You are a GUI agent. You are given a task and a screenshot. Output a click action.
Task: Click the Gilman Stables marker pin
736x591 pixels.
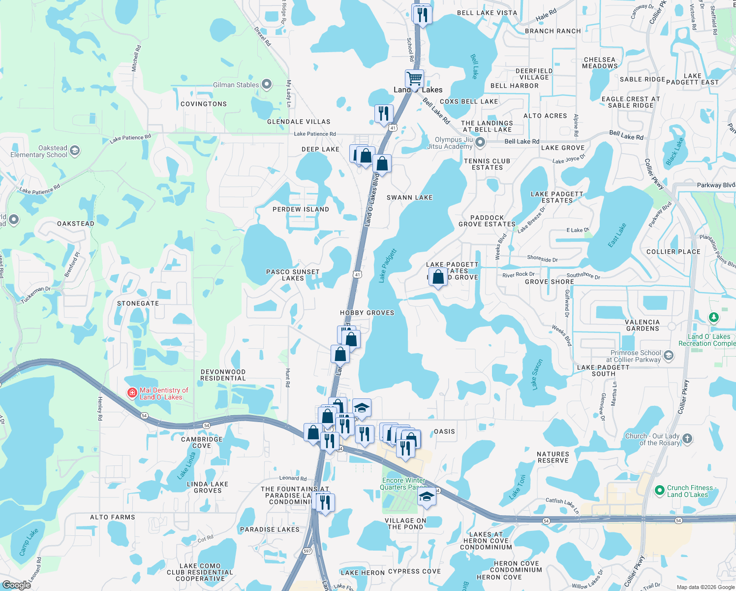(x=267, y=85)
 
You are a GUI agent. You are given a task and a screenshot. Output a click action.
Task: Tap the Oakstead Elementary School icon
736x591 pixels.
(x=75, y=150)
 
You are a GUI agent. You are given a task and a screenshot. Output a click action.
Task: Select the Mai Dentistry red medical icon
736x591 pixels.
(x=132, y=393)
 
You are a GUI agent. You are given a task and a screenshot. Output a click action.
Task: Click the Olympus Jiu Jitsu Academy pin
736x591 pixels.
(x=480, y=143)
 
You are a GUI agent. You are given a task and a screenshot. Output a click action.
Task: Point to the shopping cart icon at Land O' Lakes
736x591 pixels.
(x=415, y=78)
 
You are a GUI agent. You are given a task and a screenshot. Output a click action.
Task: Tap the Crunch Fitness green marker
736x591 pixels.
(x=660, y=491)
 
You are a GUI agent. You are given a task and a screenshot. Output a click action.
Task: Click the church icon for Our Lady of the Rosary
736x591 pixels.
(x=687, y=438)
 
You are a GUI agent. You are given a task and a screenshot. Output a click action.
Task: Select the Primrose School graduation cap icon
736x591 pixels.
(x=668, y=355)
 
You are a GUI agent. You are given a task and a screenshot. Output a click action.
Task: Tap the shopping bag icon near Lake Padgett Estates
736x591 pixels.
(x=438, y=277)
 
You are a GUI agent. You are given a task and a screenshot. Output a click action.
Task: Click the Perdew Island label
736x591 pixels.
(x=301, y=209)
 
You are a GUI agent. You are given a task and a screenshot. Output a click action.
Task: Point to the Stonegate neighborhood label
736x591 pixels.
(x=138, y=303)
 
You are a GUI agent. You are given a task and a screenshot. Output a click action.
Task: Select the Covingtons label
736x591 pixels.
(x=204, y=104)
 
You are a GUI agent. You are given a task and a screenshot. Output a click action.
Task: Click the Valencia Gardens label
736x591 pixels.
(x=643, y=325)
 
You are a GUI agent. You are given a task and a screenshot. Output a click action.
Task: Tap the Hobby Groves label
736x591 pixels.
(x=367, y=313)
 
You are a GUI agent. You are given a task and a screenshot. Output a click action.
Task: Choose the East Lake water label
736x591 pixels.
(x=616, y=235)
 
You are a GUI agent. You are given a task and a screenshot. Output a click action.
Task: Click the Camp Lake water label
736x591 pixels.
(x=29, y=542)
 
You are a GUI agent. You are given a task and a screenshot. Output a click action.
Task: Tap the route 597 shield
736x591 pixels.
(x=307, y=551)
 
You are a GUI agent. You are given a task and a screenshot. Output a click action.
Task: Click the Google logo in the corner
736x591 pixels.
(x=17, y=585)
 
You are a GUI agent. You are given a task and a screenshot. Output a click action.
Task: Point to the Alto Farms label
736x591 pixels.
(x=112, y=517)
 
